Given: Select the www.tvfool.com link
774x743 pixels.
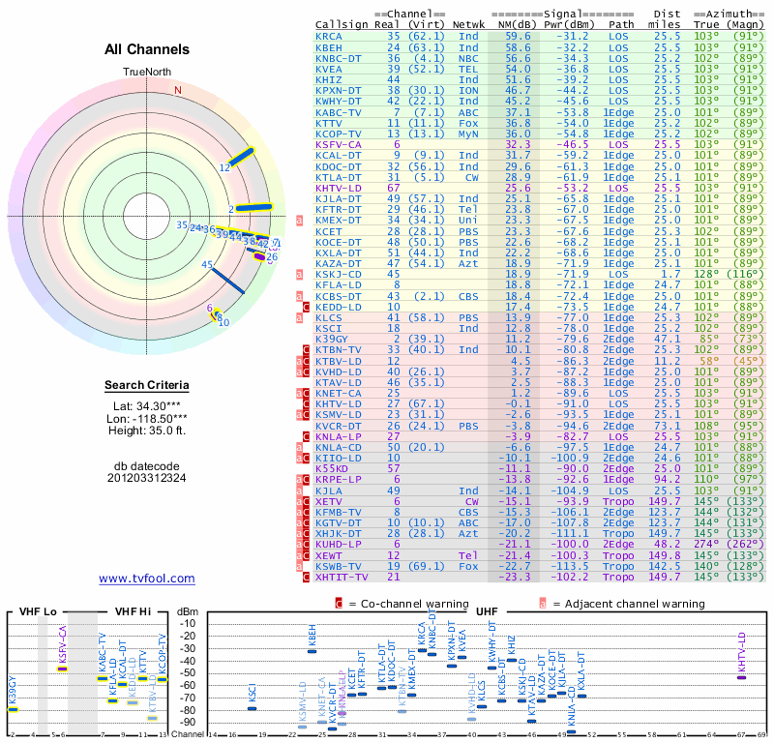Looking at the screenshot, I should click(147, 579).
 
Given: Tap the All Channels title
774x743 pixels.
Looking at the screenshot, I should click(147, 49).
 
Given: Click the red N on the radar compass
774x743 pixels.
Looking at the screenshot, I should click(177, 91).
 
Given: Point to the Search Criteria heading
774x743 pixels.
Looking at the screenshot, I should click(147, 386).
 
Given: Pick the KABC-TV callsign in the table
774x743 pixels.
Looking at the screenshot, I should click(339, 112).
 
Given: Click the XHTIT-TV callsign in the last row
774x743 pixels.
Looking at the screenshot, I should click(342, 577).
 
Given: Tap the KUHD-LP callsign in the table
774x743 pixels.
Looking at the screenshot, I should click(339, 544).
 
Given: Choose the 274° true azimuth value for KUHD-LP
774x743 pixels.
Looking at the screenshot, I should click(721, 544).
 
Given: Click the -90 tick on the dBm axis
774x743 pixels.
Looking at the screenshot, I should click(188, 723).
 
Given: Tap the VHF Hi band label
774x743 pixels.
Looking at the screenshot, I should click(132, 611).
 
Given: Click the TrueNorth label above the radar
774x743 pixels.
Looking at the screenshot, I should click(147, 73).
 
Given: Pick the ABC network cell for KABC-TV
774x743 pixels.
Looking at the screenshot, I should click(468, 112).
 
